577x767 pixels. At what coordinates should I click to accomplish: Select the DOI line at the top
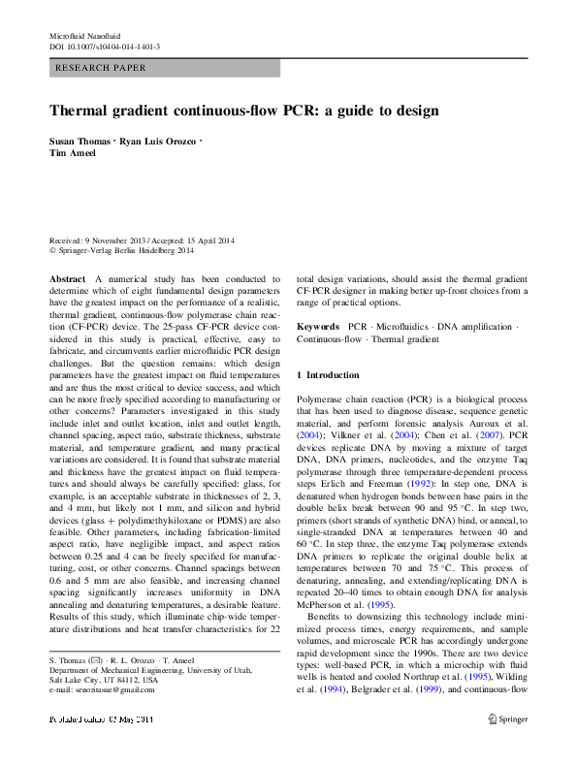click(105, 47)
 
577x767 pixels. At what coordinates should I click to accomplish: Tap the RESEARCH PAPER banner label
click(102, 69)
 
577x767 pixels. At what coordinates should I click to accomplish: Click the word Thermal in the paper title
click(82, 112)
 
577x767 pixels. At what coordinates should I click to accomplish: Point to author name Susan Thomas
click(80, 141)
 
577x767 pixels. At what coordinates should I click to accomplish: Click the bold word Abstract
click(68, 277)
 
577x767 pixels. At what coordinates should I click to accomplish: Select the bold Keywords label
click(318, 328)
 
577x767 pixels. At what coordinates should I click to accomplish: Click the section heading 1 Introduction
click(333, 374)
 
